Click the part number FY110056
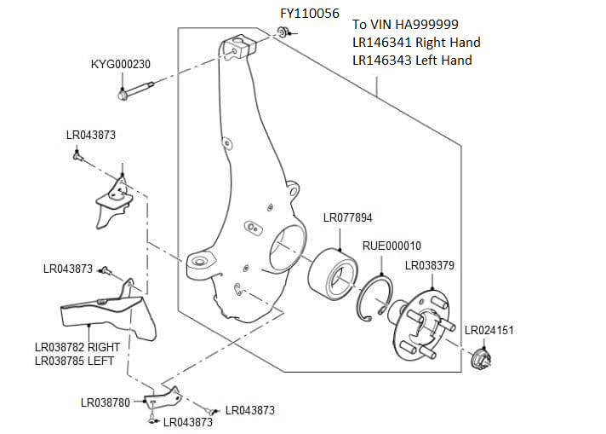click(311, 14)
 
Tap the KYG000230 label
click(121, 64)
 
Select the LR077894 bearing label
click(347, 217)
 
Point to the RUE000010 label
click(392, 246)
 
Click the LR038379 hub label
click(429, 265)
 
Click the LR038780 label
click(106, 402)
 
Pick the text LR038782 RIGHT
click(77, 347)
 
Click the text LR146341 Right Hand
click(415, 42)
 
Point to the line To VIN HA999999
click(405, 24)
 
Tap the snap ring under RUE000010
click(374, 298)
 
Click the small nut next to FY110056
click(281, 32)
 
